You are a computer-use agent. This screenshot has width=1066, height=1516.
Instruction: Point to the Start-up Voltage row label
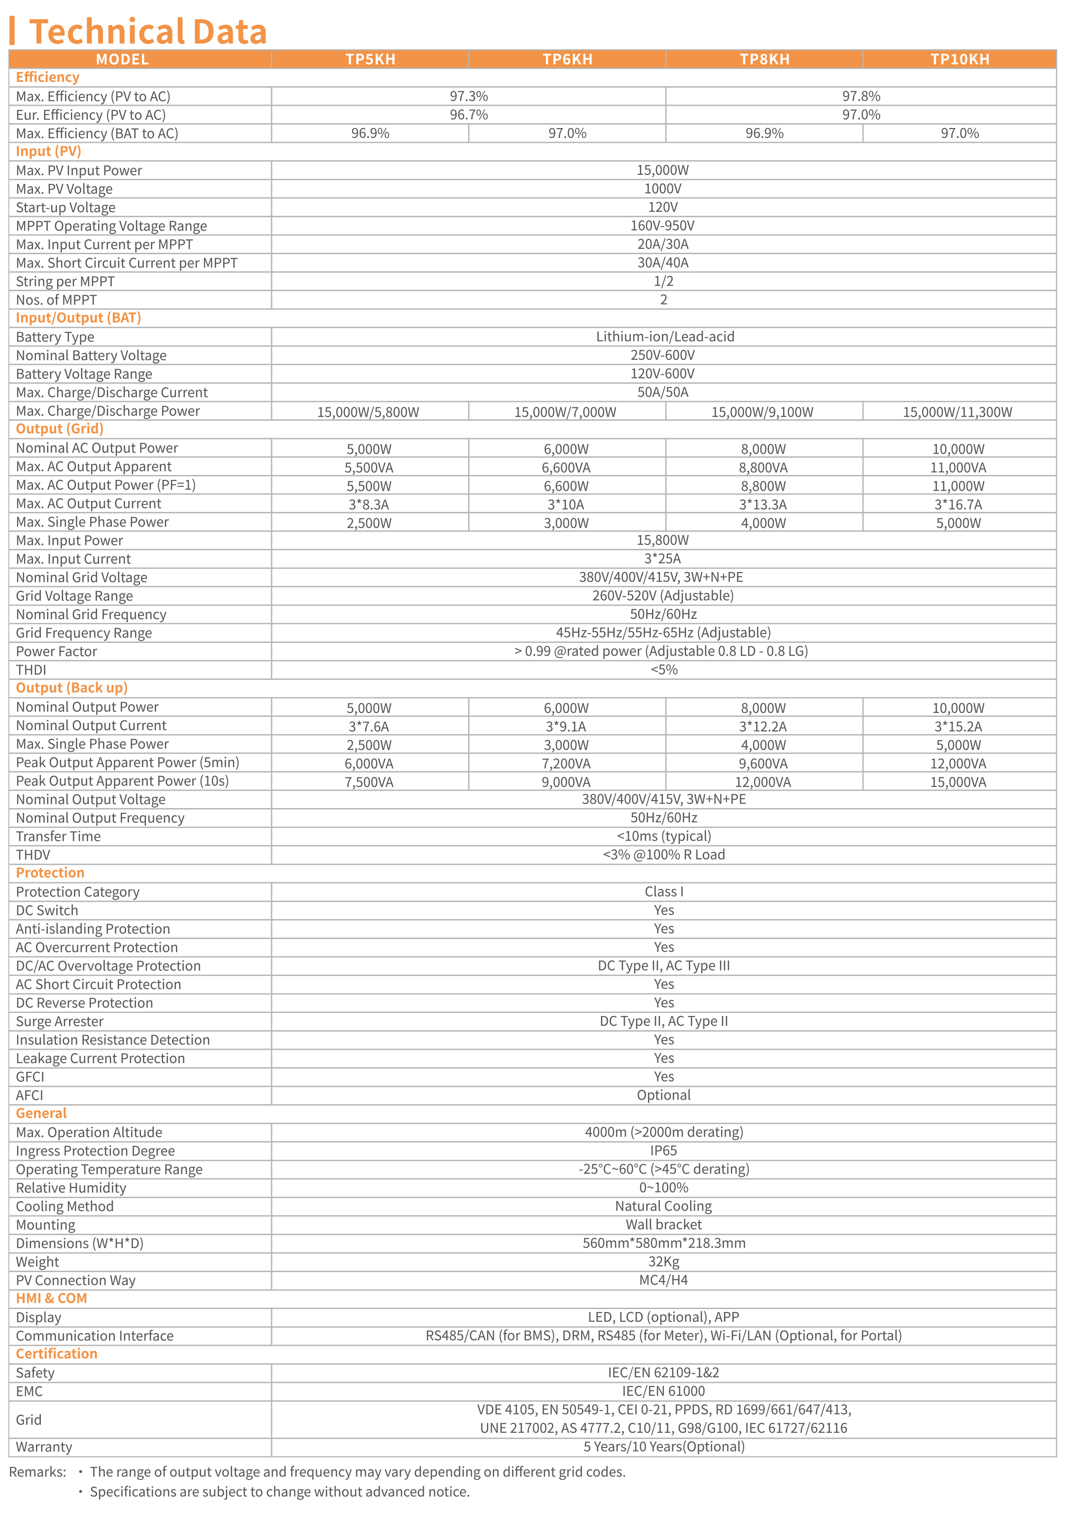click(x=66, y=207)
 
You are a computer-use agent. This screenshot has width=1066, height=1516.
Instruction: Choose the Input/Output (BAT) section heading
click(x=78, y=318)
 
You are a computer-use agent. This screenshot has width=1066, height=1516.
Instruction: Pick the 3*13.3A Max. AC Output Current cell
click(x=763, y=505)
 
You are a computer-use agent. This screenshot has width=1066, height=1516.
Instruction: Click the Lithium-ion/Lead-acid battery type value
click(x=664, y=337)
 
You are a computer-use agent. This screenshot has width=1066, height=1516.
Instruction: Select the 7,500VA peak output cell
click(x=369, y=782)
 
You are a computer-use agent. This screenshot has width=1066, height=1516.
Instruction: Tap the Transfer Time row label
click(x=58, y=836)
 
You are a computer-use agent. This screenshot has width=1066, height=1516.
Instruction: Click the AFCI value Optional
click(x=663, y=1095)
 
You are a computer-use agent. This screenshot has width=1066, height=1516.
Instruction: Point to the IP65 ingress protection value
click(x=663, y=1150)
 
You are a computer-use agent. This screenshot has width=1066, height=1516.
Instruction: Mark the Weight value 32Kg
click(x=663, y=1261)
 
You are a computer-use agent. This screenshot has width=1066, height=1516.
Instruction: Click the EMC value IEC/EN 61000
click(x=663, y=1390)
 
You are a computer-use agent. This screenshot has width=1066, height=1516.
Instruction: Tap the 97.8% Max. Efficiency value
click(x=860, y=97)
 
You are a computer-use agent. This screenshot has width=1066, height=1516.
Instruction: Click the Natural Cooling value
click(x=663, y=1206)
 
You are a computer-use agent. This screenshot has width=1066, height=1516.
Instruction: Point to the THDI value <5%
click(x=663, y=670)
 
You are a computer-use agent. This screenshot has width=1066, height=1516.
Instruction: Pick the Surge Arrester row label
click(x=60, y=1021)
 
